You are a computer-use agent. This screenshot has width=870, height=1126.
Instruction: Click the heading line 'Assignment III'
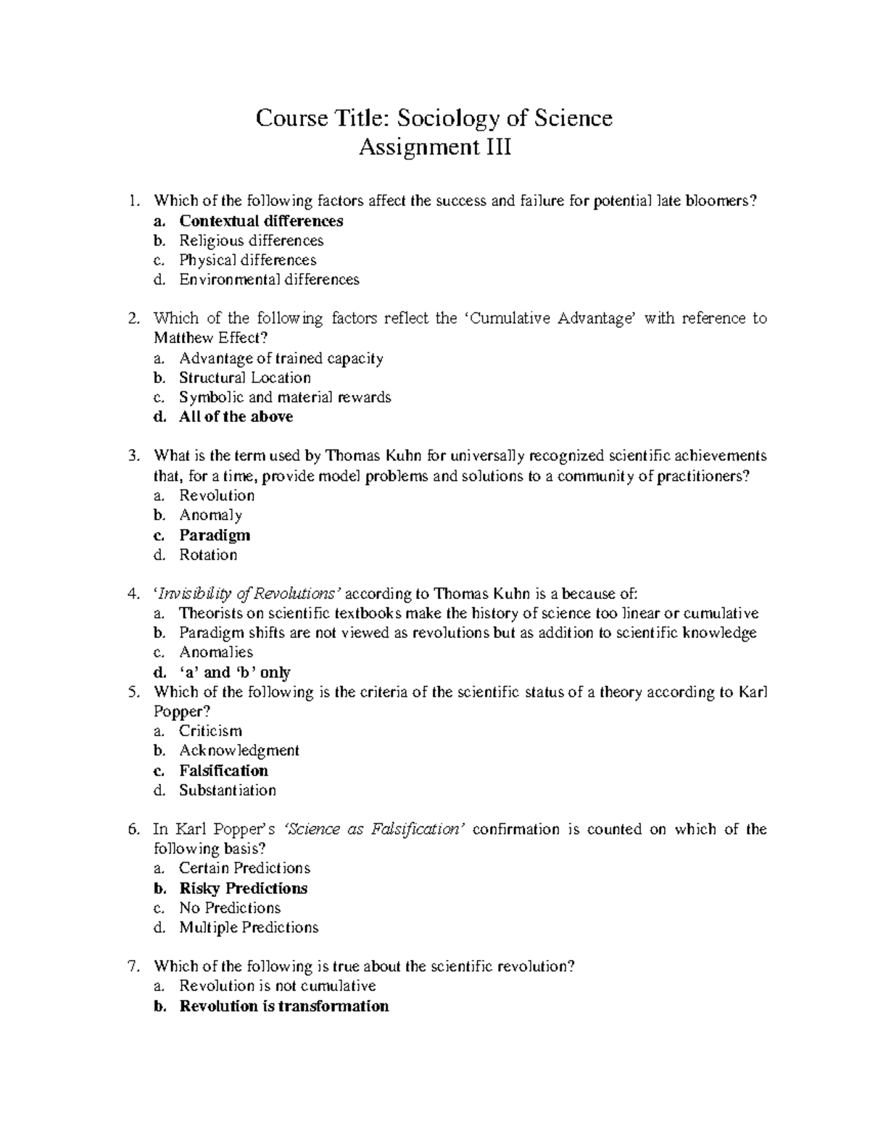435,148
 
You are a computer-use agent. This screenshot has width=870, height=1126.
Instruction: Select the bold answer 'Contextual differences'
261,221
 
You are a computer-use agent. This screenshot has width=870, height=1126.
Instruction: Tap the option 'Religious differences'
251,241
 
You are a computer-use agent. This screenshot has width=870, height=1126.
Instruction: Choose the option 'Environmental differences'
269,280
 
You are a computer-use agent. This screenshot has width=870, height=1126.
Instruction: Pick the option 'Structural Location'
245,378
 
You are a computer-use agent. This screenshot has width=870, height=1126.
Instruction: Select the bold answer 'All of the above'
236,417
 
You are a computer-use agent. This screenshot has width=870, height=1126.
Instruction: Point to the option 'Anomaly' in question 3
210,516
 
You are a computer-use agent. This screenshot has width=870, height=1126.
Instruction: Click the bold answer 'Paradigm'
215,535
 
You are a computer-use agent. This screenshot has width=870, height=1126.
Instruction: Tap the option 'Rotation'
208,555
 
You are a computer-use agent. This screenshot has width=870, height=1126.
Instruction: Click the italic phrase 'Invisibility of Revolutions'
248,594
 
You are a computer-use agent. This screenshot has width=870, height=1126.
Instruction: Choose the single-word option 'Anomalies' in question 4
216,653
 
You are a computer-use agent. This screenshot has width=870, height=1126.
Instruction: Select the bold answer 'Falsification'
223,771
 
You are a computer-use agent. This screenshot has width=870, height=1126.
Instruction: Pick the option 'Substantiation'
228,790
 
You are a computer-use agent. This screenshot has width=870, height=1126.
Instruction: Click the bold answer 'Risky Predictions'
244,889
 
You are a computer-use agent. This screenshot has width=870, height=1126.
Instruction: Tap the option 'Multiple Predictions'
249,928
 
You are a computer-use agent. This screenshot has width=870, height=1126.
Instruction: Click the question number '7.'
132,966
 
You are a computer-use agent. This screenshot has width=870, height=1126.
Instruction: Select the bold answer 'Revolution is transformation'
283,1006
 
